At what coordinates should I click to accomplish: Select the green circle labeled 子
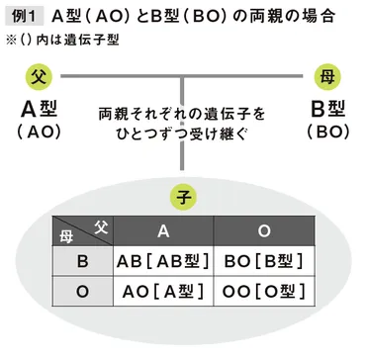click(183, 194)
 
